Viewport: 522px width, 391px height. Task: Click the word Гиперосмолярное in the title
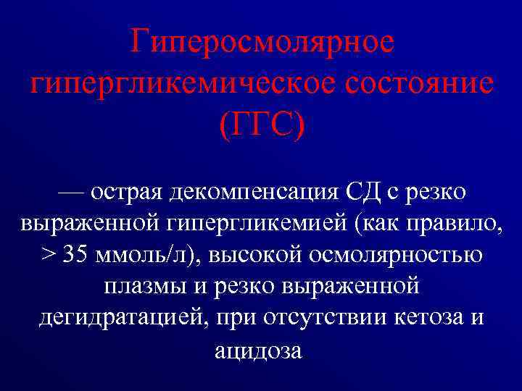pos(262,42)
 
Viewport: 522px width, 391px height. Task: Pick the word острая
pos(127,193)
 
